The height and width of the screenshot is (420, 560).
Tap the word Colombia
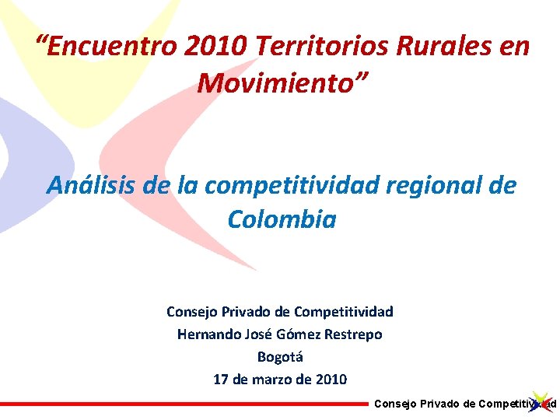[x=282, y=220]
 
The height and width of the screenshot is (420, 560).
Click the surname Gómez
[x=295, y=334]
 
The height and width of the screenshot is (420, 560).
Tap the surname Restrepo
[x=352, y=334]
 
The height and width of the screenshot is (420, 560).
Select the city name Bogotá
[x=280, y=357]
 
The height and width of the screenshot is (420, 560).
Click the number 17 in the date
[x=221, y=380]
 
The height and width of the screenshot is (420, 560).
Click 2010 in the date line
[x=331, y=380]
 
